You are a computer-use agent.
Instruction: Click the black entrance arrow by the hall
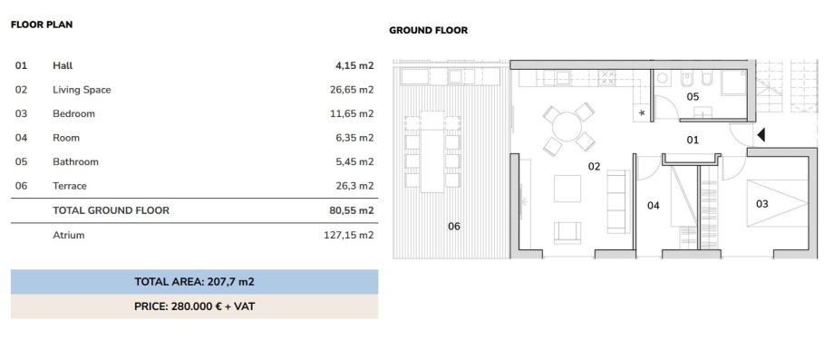[x=761, y=135]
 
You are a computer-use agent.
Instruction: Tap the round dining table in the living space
[x=567, y=127]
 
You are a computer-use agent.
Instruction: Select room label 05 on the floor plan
[x=693, y=97]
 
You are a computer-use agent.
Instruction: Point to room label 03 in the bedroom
[x=762, y=204]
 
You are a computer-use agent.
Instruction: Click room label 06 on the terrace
[x=453, y=227]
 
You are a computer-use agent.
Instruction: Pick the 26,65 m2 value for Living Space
[x=352, y=90]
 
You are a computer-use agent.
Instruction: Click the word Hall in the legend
[x=63, y=66]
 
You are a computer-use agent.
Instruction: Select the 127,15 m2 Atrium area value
[x=348, y=235]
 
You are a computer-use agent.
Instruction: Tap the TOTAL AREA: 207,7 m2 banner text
[x=194, y=282]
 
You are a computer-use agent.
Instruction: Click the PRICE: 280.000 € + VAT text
[x=194, y=306]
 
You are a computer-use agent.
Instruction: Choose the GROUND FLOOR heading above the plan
[x=428, y=30]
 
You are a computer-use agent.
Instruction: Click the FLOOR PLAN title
[x=42, y=24]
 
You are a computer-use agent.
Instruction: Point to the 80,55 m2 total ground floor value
[x=352, y=210]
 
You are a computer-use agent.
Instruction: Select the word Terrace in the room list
[x=70, y=186]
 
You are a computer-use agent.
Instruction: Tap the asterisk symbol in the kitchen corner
[x=642, y=112]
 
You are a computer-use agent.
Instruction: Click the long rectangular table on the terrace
[x=432, y=151]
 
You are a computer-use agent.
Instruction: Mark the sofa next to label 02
[x=618, y=201]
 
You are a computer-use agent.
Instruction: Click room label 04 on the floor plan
[x=654, y=206]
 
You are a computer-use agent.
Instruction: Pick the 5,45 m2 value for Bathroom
[x=354, y=162]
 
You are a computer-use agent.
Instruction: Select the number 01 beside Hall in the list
[x=21, y=66]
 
